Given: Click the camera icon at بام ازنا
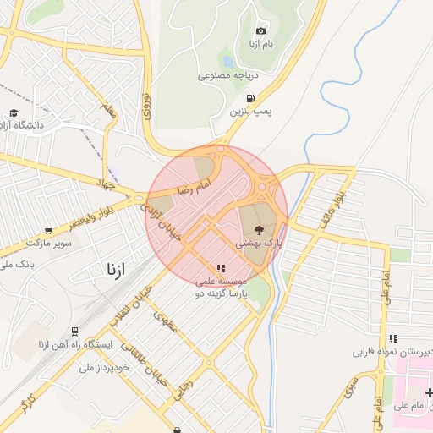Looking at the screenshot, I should pyautogui.click(x=260, y=30).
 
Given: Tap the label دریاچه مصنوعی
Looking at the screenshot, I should pyautogui.click(x=227, y=75).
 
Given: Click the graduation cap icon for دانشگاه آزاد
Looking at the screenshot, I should pyautogui.click(x=14, y=112).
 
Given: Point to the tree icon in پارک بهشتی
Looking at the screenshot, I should pyautogui.click(x=258, y=228).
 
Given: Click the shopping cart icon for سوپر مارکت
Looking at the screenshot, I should pyautogui.click(x=48, y=230).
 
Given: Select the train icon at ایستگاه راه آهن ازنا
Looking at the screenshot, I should pyautogui.click(x=74, y=331).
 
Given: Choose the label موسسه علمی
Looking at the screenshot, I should pyautogui.click(x=222, y=281).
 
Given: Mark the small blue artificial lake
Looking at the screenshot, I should pyautogui.click(x=227, y=61).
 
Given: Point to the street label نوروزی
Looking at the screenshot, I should pyautogui.click(x=146, y=104).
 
